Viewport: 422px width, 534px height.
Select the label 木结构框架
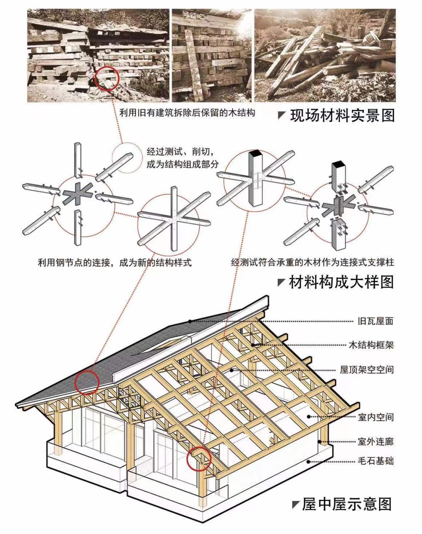(371, 345)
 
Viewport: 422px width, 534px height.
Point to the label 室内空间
(375, 417)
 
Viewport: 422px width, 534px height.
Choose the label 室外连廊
(375, 442)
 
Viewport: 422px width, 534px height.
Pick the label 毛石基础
(375, 461)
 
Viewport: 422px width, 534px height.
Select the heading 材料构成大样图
(341, 282)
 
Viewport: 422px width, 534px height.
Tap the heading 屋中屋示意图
(347, 504)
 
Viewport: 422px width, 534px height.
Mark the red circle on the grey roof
(87, 382)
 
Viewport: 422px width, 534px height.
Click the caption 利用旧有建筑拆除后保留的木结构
(187, 112)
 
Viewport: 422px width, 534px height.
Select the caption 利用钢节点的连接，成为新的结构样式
(115, 262)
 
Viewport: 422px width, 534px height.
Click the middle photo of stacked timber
(211, 56)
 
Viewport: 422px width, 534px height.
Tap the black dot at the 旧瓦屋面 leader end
(190, 321)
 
